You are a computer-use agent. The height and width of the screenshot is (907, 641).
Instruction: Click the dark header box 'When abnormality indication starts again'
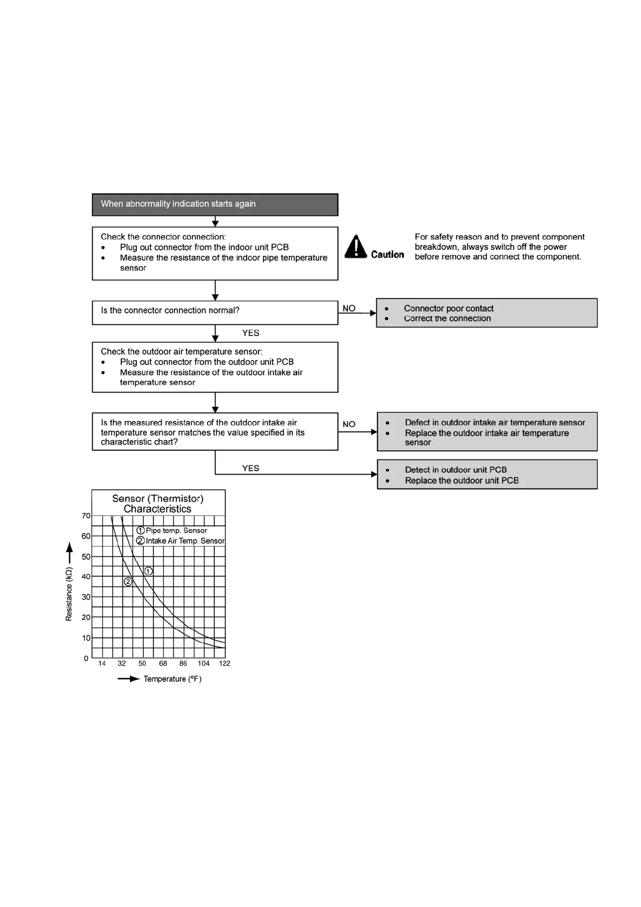pyautogui.click(x=215, y=205)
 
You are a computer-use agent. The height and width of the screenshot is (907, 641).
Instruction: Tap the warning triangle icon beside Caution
pyautogui.click(x=356, y=247)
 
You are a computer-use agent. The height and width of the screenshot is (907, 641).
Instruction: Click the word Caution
pyautogui.click(x=387, y=254)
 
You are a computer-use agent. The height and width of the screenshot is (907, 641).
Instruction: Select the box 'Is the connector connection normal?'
pyautogui.click(x=215, y=312)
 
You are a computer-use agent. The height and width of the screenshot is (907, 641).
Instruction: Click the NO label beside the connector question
pyautogui.click(x=349, y=309)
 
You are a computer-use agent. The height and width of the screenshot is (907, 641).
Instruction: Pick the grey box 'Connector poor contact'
pyautogui.click(x=486, y=313)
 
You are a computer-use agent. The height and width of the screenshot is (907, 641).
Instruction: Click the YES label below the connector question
pyautogui.click(x=250, y=333)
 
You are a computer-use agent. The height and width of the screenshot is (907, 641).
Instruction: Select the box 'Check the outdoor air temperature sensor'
pyautogui.click(x=215, y=367)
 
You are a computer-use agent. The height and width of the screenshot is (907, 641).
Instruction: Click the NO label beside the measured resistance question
pyautogui.click(x=349, y=424)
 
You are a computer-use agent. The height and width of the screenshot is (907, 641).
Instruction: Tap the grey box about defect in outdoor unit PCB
pyautogui.click(x=487, y=475)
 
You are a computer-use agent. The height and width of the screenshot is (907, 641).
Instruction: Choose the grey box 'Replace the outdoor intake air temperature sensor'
pyautogui.click(x=487, y=432)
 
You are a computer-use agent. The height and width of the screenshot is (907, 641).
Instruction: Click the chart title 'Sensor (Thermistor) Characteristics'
pyautogui.click(x=158, y=504)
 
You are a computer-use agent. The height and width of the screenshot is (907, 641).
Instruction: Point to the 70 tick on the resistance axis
pyautogui.click(x=86, y=516)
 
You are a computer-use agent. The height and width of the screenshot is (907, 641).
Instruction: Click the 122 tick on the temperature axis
pyautogui.click(x=225, y=664)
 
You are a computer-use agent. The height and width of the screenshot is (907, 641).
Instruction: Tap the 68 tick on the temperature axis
pyautogui.click(x=163, y=664)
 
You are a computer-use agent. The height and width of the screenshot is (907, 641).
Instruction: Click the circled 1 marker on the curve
pyautogui.click(x=148, y=571)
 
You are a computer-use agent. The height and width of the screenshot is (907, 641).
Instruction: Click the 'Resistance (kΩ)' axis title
pyautogui.click(x=69, y=594)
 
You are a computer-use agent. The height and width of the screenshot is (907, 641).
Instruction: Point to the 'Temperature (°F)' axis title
pyautogui.click(x=172, y=679)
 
